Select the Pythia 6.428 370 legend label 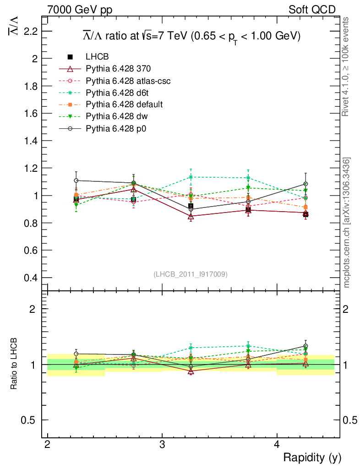pyautogui.click(x=118, y=69)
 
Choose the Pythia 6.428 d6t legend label pyautogui.click(x=118, y=93)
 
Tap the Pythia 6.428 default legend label pyautogui.click(x=124, y=104)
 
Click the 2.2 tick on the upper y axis pyautogui.click(x=29, y=31)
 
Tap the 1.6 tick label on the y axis pyautogui.click(x=29, y=113)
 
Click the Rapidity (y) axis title pyautogui.click(x=312, y=457)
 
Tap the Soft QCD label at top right pyautogui.click(x=312, y=10)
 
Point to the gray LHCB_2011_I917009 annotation pyautogui.click(x=191, y=274)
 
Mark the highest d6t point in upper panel pyautogui.click(x=191, y=177)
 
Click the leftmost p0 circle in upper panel pyautogui.click(x=76, y=180)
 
